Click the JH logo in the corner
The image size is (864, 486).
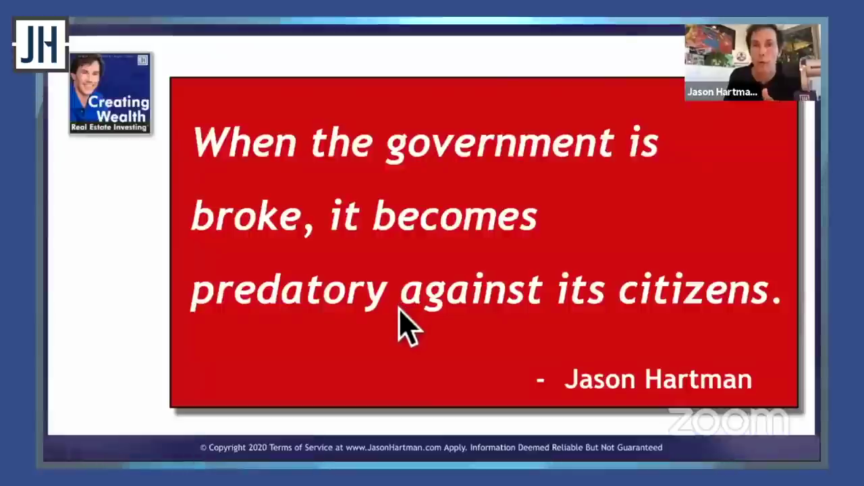(40, 45)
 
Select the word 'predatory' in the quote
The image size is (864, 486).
(289, 291)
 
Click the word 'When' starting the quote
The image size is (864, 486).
(244, 142)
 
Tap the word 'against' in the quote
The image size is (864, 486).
(471, 291)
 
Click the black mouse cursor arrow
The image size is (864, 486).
(410, 327)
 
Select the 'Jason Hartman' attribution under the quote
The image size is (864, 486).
(658, 379)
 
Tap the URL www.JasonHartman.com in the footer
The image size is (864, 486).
(393, 448)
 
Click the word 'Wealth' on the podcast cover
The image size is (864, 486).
(121, 116)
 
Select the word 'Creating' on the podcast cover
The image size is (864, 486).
(118, 102)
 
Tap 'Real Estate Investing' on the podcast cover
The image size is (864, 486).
(109, 128)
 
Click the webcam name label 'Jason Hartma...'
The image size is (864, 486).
(722, 92)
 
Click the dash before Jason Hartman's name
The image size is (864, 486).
(541, 380)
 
